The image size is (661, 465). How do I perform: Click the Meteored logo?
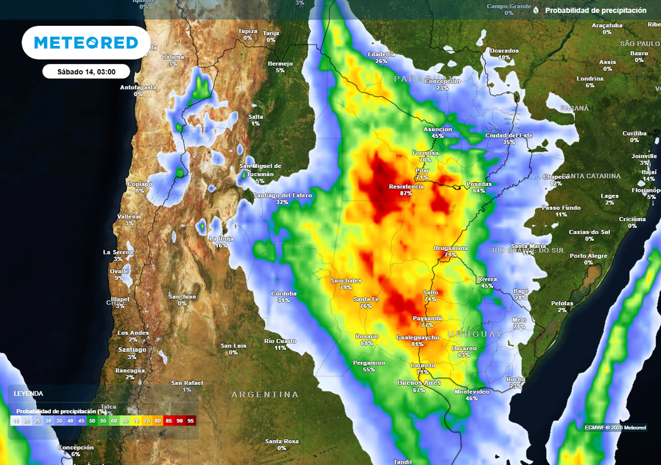click(x=86, y=43)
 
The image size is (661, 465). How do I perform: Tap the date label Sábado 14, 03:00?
click(x=86, y=72)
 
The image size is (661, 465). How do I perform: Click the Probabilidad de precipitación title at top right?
click(x=595, y=10)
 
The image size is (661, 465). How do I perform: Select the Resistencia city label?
click(x=406, y=186)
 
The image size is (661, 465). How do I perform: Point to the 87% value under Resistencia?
click(x=406, y=193)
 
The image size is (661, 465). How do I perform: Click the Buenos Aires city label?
click(x=419, y=383)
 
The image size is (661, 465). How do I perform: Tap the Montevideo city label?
click(x=472, y=391)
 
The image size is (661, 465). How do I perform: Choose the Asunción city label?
click(x=438, y=129)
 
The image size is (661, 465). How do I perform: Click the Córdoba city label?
click(x=284, y=293)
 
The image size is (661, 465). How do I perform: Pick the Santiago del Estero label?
click(x=283, y=195)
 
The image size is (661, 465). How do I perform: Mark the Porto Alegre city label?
click(x=589, y=256)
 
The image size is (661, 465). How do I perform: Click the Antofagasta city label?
click(x=138, y=87)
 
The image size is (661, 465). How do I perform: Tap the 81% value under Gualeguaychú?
click(x=417, y=344)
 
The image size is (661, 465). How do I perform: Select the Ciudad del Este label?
click(x=509, y=135)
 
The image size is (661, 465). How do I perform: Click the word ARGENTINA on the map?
click(x=265, y=394)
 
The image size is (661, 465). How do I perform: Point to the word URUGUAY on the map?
click(x=475, y=334)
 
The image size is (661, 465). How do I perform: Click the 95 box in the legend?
click(x=190, y=420)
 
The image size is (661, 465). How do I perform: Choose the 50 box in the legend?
click(x=92, y=420)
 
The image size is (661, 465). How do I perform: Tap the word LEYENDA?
click(x=28, y=393)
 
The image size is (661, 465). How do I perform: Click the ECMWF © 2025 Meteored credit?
click(x=615, y=428)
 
